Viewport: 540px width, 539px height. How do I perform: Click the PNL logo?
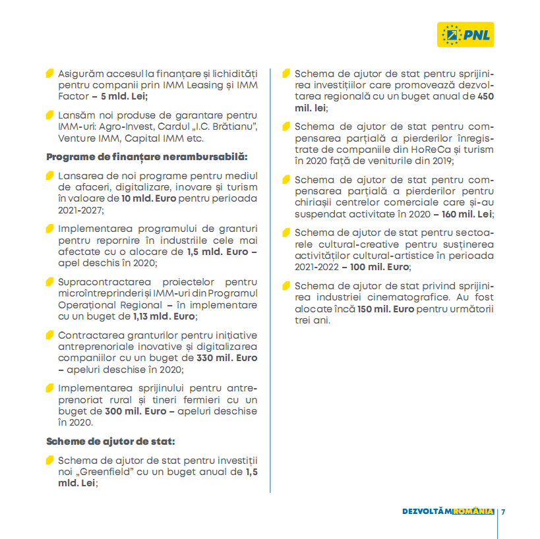click(x=465, y=34)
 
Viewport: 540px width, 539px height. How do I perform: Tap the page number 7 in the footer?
click(x=502, y=512)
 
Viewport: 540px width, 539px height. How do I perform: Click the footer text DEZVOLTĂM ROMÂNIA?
click(x=448, y=512)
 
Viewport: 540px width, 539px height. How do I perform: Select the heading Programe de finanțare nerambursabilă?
click(x=146, y=157)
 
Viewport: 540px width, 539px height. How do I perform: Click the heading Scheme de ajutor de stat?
click(x=110, y=441)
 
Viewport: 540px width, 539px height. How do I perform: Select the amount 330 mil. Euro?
click(x=227, y=358)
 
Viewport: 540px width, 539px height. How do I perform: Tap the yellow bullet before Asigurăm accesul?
click(x=49, y=72)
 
